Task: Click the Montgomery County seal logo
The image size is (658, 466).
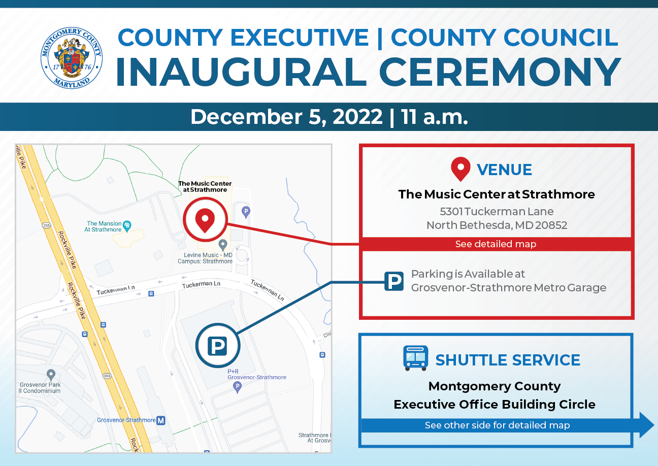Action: (x=72, y=58)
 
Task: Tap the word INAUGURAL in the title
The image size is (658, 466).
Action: (x=241, y=72)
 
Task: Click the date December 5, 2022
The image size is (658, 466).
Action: (x=286, y=117)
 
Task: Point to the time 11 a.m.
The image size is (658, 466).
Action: (x=435, y=117)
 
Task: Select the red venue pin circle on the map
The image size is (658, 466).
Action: (x=205, y=219)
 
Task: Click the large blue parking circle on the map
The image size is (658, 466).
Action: (x=218, y=345)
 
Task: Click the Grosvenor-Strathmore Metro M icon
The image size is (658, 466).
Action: (x=160, y=420)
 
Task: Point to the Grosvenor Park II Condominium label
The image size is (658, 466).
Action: (x=40, y=388)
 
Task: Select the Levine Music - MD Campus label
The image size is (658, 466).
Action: (x=205, y=258)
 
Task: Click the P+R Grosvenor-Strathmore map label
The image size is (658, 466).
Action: (x=256, y=375)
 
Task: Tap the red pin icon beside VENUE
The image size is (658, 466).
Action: (x=460, y=169)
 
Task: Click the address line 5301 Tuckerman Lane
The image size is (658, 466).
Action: (x=497, y=211)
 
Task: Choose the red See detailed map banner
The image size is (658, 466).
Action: (x=496, y=244)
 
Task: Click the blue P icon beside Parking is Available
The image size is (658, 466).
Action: (x=394, y=281)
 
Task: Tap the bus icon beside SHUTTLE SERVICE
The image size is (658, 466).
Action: (x=415, y=358)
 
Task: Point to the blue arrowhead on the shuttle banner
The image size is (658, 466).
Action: (x=646, y=425)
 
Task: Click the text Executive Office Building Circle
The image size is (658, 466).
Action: (x=495, y=405)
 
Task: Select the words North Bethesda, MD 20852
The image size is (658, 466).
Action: (x=497, y=225)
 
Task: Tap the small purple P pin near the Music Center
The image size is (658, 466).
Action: (x=246, y=212)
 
